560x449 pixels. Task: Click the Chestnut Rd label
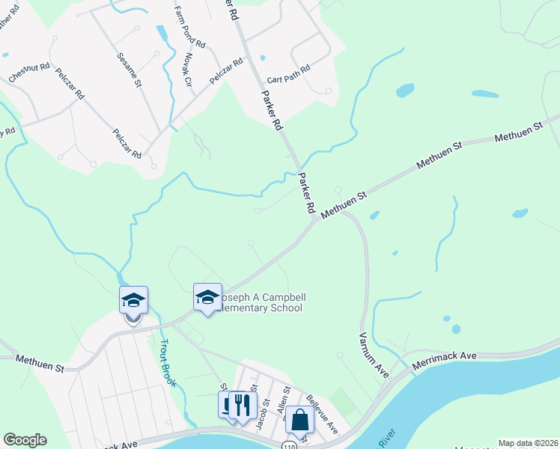point(29,73)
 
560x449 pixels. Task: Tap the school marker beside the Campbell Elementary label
point(207,297)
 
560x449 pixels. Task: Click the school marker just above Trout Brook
point(133,300)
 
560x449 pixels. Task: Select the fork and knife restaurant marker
point(242,406)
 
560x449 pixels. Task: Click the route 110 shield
point(287,445)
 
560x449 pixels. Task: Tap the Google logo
point(25,440)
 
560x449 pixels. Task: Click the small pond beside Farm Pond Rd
point(162,34)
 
